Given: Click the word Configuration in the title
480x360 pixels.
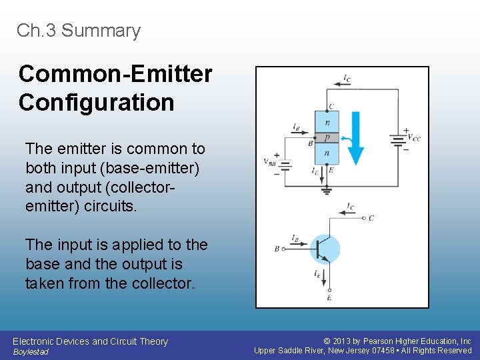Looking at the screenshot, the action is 97,103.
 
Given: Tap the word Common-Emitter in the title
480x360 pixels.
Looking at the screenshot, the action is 115,73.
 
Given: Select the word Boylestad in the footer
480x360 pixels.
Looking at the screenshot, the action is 31,351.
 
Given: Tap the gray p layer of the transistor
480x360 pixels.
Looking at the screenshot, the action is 327,138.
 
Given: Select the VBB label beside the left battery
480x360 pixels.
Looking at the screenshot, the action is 269,162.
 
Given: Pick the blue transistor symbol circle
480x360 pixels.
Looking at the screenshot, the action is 325,249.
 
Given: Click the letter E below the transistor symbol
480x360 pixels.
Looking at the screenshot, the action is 329,298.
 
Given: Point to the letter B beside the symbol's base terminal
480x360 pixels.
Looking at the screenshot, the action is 277,249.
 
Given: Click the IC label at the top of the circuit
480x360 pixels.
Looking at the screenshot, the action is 347,79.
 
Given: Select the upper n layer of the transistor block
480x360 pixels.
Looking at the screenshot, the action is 327,123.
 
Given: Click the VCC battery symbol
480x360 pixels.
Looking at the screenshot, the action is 399,140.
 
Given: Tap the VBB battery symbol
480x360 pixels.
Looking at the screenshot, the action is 285,164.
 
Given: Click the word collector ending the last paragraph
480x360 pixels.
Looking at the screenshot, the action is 163,283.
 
